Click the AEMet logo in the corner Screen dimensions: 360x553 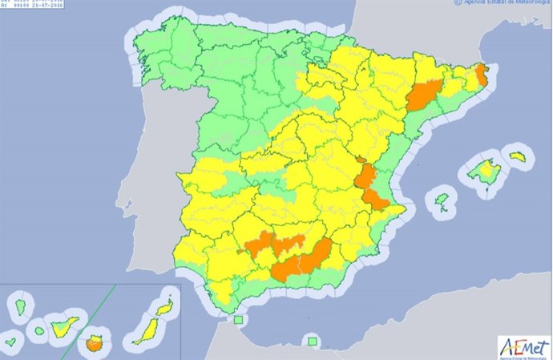524,346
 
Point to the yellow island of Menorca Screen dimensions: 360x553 518,156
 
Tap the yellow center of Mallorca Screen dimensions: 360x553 483,170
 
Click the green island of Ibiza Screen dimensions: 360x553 442,198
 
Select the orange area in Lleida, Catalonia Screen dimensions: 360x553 423,95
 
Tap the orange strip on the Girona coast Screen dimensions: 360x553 482,75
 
